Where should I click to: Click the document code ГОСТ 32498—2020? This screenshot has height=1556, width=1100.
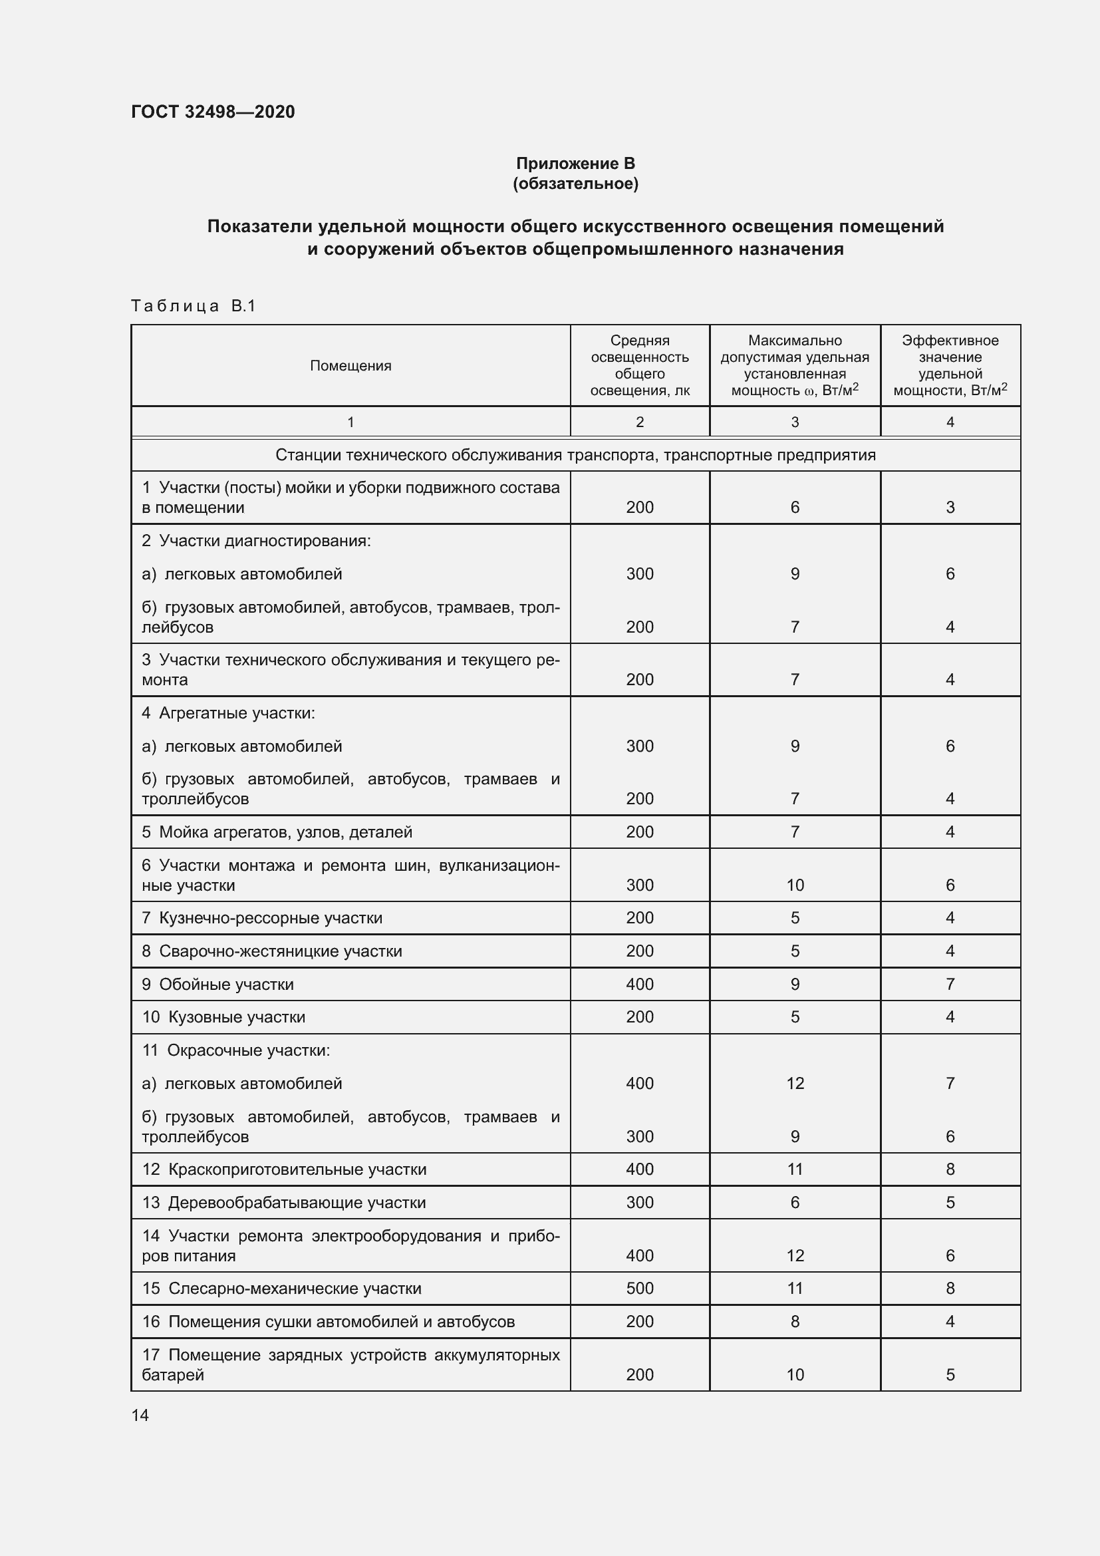point(213,112)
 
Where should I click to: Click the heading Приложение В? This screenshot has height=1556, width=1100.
point(575,164)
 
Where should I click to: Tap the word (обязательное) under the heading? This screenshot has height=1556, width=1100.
point(575,184)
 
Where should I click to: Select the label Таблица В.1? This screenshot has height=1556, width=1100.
point(193,306)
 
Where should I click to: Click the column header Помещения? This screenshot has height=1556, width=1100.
point(350,366)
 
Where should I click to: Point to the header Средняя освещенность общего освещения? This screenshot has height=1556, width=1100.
point(639,365)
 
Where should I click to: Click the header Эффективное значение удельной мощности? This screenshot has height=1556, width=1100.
point(950,365)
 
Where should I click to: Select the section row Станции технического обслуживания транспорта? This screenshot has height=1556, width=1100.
point(575,456)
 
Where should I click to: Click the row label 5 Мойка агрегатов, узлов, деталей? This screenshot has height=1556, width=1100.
point(277,832)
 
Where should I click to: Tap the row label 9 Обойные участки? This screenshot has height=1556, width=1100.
point(217,985)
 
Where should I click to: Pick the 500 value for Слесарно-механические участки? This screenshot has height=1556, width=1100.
point(639,1289)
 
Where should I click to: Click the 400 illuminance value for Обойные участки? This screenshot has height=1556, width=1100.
point(639,984)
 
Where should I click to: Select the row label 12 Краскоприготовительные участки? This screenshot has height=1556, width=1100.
point(284,1169)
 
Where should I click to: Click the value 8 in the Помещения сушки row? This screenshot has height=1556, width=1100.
point(795,1322)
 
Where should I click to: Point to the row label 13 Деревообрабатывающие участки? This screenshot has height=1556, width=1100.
point(284,1203)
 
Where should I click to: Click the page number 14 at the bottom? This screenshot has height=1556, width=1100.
point(140,1416)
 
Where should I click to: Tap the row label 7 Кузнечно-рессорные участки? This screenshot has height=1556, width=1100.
point(262,918)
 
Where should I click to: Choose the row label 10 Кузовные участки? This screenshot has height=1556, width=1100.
point(223,1017)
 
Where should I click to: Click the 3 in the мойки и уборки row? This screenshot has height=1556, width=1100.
point(950,508)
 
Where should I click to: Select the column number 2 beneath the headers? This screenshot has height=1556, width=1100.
point(639,422)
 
